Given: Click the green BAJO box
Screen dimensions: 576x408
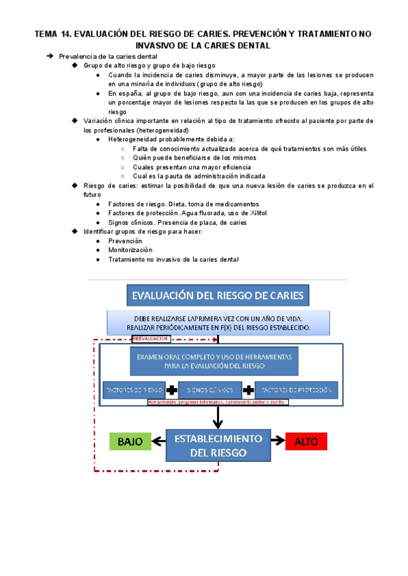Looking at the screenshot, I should point(130,441).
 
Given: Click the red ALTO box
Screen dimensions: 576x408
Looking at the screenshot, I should point(306,442).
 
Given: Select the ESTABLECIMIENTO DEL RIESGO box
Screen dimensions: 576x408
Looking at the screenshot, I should point(218,446).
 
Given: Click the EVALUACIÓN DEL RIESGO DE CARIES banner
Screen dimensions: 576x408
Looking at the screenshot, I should point(218,295).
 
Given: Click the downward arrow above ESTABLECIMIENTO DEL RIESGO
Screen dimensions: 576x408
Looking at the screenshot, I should point(218,415).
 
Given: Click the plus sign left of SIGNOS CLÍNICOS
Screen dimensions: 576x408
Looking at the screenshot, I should point(171,390).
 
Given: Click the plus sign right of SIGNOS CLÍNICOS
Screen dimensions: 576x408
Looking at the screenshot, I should point(250,390).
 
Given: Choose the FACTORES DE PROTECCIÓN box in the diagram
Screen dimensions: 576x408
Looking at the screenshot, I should point(296,390).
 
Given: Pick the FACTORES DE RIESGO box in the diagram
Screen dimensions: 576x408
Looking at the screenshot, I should point(133,390).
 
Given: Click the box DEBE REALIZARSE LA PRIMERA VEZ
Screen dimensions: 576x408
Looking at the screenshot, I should point(218,323).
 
